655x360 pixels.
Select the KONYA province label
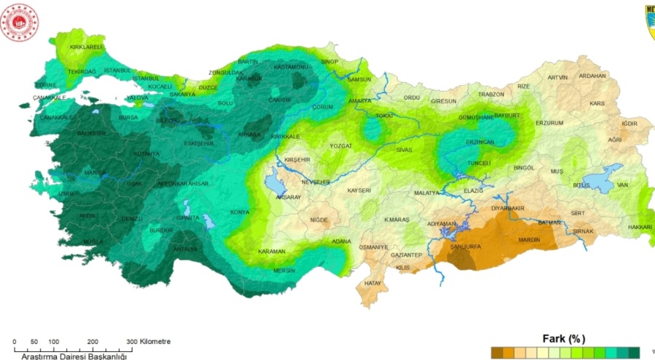pyautogui.click(x=239, y=212)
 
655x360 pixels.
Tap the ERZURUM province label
pyautogui.click(x=549, y=123)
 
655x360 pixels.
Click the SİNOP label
pyautogui.click(x=330, y=62)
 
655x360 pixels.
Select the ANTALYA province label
pyautogui.click(x=185, y=249)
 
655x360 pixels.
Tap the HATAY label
pyautogui.click(x=373, y=282)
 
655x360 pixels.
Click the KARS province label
pyautogui.click(x=597, y=104)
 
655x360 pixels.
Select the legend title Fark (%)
pyautogui.click(x=563, y=339)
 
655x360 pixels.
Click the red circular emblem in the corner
pyautogui.click(x=20, y=24)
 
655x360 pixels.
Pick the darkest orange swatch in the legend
pyautogui.click(x=496, y=353)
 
